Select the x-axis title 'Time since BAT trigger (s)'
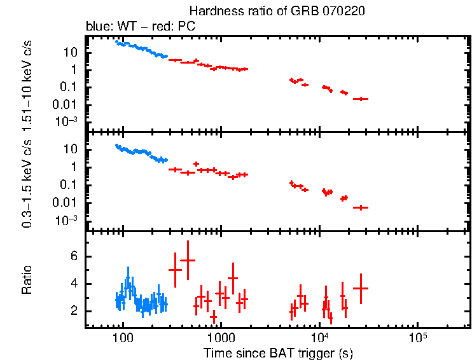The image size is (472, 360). [278, 352]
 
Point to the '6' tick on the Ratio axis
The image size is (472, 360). [74, 256]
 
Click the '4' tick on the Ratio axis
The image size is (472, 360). [74, 284]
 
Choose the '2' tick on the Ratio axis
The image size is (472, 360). [74, 311]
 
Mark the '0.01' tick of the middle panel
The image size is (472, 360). [67, 203]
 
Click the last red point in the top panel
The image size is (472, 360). [361, 99]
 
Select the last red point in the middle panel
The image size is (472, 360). [361, 207]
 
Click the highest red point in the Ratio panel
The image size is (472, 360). [188, 260]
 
